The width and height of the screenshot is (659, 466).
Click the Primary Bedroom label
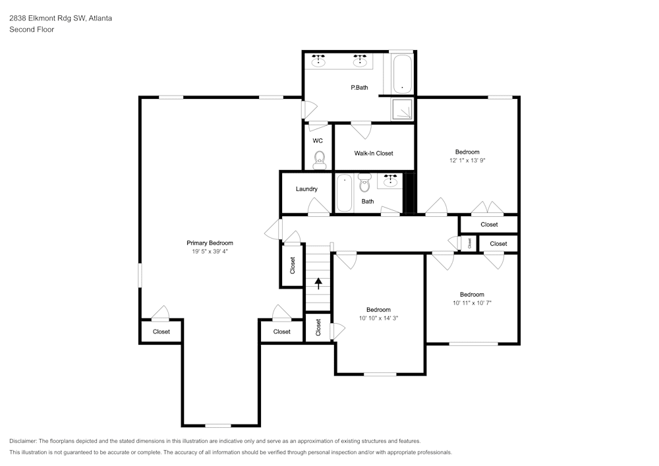[210, 243]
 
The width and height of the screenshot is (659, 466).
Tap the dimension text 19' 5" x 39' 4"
[210, 251]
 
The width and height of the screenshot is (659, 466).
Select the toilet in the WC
[320, 160]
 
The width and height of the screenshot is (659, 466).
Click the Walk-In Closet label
[374, 154]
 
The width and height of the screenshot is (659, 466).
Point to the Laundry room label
[306, 189]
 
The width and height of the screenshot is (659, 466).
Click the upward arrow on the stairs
[318, 283]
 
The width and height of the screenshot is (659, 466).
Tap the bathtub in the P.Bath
[402, 74]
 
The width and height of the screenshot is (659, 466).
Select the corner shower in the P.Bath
[402, 109]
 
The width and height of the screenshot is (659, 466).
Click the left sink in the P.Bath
[318, 61]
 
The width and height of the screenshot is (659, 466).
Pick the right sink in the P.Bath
[359, 61]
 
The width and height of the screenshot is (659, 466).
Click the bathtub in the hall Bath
[344, 193]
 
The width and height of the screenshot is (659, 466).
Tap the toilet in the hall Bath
[364, 183]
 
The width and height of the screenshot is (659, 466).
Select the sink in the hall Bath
[390, 181]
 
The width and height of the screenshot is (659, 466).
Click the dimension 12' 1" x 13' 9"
[467, 160]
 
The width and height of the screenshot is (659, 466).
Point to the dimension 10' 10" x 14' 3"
[378, 318]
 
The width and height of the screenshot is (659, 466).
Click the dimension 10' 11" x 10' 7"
[472, 303]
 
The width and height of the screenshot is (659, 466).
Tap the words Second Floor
[32, 30]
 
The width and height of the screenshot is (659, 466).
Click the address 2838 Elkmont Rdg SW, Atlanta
[61, 18]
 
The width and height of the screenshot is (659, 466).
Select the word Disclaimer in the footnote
[23, 441]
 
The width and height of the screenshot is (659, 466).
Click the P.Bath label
[359, 88]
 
